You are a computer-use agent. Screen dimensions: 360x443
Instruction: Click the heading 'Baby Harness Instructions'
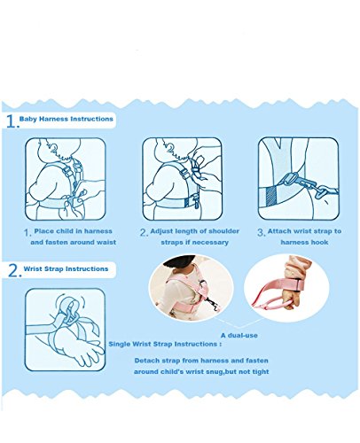coord(67,119)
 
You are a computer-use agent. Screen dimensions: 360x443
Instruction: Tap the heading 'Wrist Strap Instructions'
coord(66,269)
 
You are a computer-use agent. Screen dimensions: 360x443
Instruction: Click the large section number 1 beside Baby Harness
coord(12,121)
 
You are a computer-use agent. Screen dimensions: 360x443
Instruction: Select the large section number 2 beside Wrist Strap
coord(14,270)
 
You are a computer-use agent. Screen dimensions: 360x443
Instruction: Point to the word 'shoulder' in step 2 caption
coord(224,231)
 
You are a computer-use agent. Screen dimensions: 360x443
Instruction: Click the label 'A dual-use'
coord(239,336)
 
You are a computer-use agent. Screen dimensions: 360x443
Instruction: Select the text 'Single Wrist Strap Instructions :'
coord(165,344)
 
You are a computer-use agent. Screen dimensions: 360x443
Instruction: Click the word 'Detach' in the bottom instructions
coord(145,361)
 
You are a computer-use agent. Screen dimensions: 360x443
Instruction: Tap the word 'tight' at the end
coord(261,371)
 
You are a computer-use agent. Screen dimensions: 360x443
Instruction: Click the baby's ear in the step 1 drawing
coord(53,149)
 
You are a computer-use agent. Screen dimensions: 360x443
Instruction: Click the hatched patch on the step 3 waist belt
coord(271,196)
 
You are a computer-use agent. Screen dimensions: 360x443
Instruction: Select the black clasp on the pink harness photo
coord(212,302)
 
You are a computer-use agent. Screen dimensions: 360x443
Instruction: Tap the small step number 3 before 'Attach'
coord(261,232)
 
